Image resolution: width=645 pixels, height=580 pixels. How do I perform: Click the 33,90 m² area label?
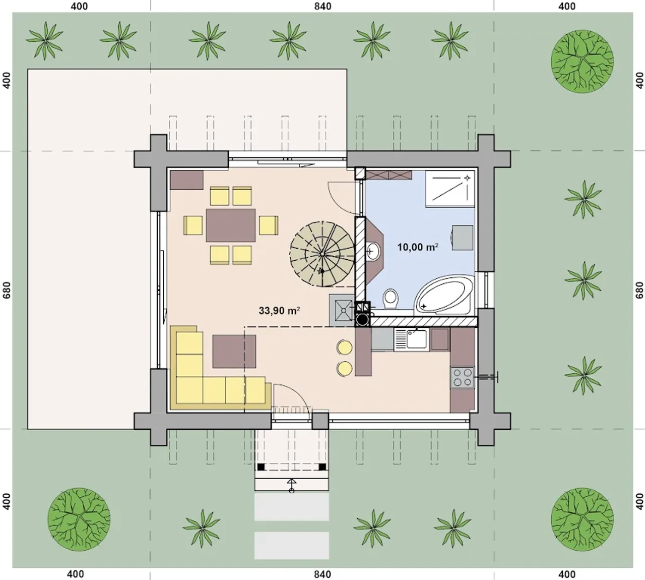279,310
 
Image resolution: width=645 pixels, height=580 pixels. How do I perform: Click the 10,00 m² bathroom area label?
417,247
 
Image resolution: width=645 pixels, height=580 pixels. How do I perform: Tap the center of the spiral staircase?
322,254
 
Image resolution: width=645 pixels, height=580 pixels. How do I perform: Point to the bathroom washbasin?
373,252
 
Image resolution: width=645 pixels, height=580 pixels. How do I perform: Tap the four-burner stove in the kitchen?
462,378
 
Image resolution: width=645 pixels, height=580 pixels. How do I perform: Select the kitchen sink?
412,339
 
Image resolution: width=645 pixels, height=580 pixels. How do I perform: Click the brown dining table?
231,225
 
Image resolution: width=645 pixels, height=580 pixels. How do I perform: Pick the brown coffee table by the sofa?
234,351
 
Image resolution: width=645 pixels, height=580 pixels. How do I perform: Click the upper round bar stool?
345,347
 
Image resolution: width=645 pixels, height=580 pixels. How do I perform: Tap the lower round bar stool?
345,368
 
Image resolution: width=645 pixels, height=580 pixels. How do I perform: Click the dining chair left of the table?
193,225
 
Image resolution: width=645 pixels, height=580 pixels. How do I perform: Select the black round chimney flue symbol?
362,319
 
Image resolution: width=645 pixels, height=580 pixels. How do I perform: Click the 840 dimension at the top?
322,6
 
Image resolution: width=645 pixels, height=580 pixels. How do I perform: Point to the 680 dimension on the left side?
7,290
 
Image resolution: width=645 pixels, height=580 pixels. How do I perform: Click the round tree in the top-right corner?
583,61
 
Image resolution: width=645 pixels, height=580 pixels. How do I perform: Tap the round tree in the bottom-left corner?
79,519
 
